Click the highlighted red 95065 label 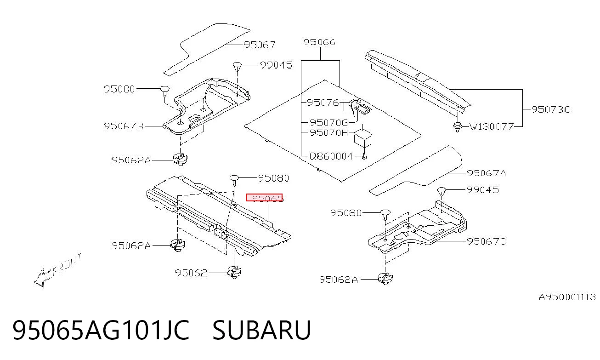(x=264, y=198)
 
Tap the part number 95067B (x=124, y=126)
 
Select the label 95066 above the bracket (x=319, y=42)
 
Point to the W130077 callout (x=492, y=126)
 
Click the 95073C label (x=551, y=109)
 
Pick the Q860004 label (x=331, y=156)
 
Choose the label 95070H (x=328, y=133)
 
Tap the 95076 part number (x=323, y=103)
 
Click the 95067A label (x=487, y=173)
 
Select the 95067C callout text (x=487, y=241)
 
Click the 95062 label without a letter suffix (x=191, y=273)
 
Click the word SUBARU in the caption (x=262, y=330)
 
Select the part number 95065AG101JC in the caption (x=101, y=330)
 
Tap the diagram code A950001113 (x=567, y=297)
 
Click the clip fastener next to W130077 (x=458, y=126)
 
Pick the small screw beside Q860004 (x=364, y=156)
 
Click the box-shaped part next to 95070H (x=363, y=137)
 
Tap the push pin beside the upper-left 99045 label (x=237, y=67)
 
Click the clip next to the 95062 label (x=234, y=272)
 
